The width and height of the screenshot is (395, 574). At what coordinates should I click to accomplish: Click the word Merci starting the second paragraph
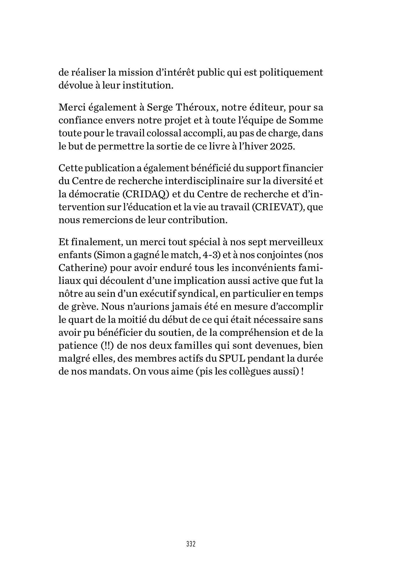pos(73,107)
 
